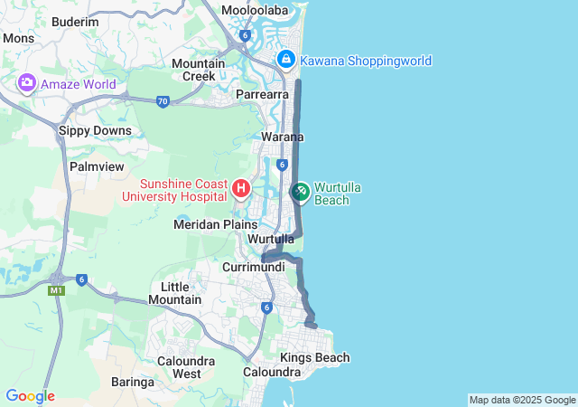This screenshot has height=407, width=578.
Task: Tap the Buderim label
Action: (x=76, y=22)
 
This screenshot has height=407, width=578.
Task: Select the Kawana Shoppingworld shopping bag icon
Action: (x=286, y=60)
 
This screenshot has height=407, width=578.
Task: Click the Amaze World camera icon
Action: (x=26, y=84)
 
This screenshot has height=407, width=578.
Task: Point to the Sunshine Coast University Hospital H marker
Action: (x=241, y=189)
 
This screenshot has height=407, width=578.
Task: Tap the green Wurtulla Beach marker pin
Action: (x=300, y=192)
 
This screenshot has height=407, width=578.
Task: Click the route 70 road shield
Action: (x=163, y=101)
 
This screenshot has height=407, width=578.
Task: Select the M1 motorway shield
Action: (x=58, y=289)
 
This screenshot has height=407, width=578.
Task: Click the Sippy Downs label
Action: (x=95, y=130)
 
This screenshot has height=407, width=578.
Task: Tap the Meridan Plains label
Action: (x=216, y=223)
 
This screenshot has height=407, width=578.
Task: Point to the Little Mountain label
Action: (x=175, y=292)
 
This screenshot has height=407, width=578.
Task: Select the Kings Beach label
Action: (x=314, y=358)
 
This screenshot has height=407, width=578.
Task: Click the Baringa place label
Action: (x=133, y=382)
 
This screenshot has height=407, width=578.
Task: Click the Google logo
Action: (x=30, y=396)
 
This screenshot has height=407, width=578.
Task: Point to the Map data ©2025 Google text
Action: (x=522, y=400)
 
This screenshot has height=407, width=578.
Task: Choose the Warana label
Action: (x=283, y=137)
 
